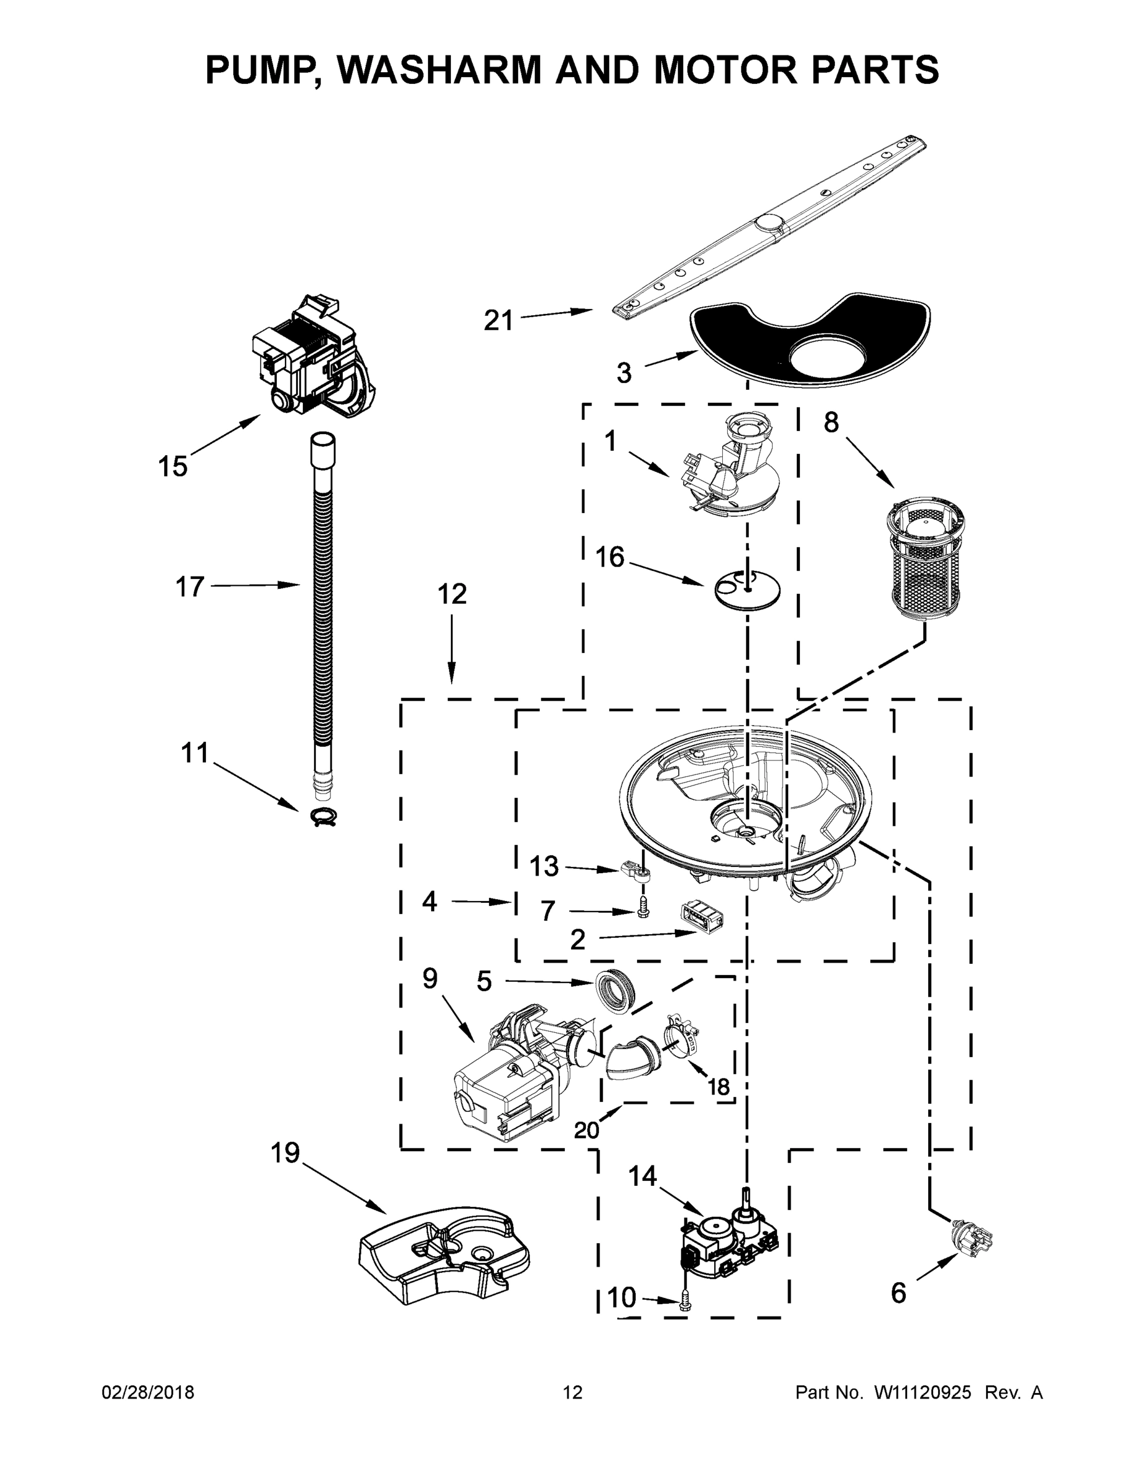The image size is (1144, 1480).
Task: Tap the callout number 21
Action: click(498, 320)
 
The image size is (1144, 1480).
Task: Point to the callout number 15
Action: click(172, 467)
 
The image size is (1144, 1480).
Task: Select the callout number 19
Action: click(286, 1152)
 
